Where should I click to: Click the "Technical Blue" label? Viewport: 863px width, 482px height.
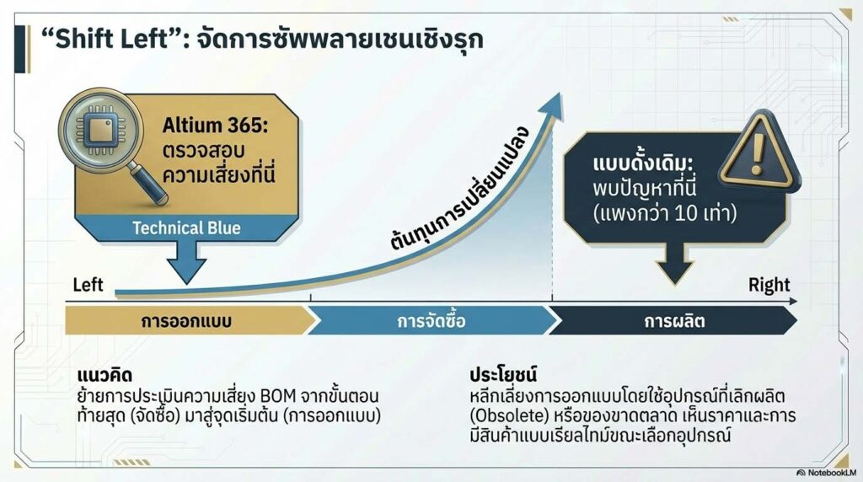(186, 228)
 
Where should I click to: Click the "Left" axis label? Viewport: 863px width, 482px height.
(88, 285)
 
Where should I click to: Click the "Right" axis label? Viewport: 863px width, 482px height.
(769, 285)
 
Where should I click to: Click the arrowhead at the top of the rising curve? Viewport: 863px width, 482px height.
(553, 100)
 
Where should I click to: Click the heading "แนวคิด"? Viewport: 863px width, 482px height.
(102, 374)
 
